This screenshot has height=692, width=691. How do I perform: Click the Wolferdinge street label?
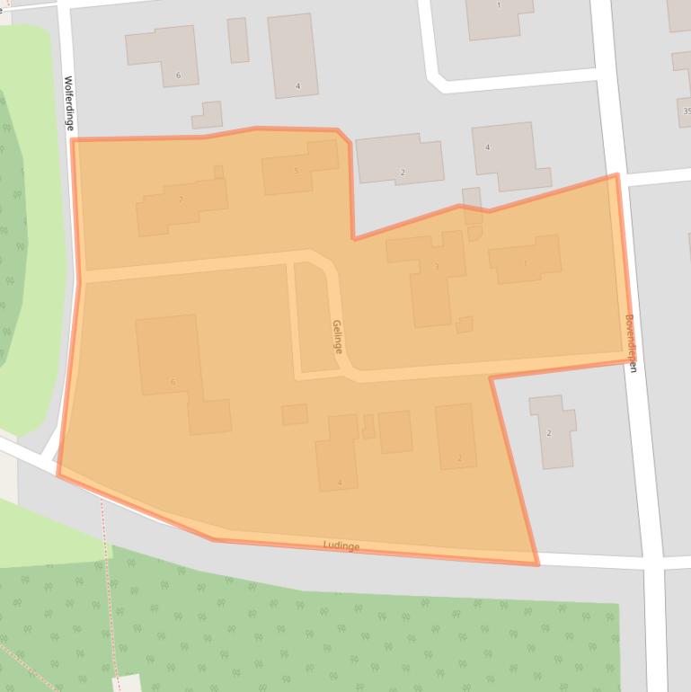(68, 103)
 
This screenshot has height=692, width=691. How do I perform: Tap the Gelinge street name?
(337, 337)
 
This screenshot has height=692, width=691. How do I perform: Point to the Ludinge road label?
(341, 546)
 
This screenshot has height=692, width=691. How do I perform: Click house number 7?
(181, 200)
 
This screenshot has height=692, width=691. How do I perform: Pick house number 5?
(296, 171)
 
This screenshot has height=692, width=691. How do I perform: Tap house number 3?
(437, 267)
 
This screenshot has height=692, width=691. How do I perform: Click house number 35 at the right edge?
(686, 111)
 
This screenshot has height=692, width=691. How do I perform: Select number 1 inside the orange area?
(526, 263)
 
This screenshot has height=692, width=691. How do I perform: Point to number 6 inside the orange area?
(173, 382)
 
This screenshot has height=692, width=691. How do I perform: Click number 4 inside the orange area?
(340, 483)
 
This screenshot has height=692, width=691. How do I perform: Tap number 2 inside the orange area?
(459, 458)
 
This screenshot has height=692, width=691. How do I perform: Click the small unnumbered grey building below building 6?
(208, 115)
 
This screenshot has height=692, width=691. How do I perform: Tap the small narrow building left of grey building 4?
(237, 40)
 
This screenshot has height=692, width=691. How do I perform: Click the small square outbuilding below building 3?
(464, 324)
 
